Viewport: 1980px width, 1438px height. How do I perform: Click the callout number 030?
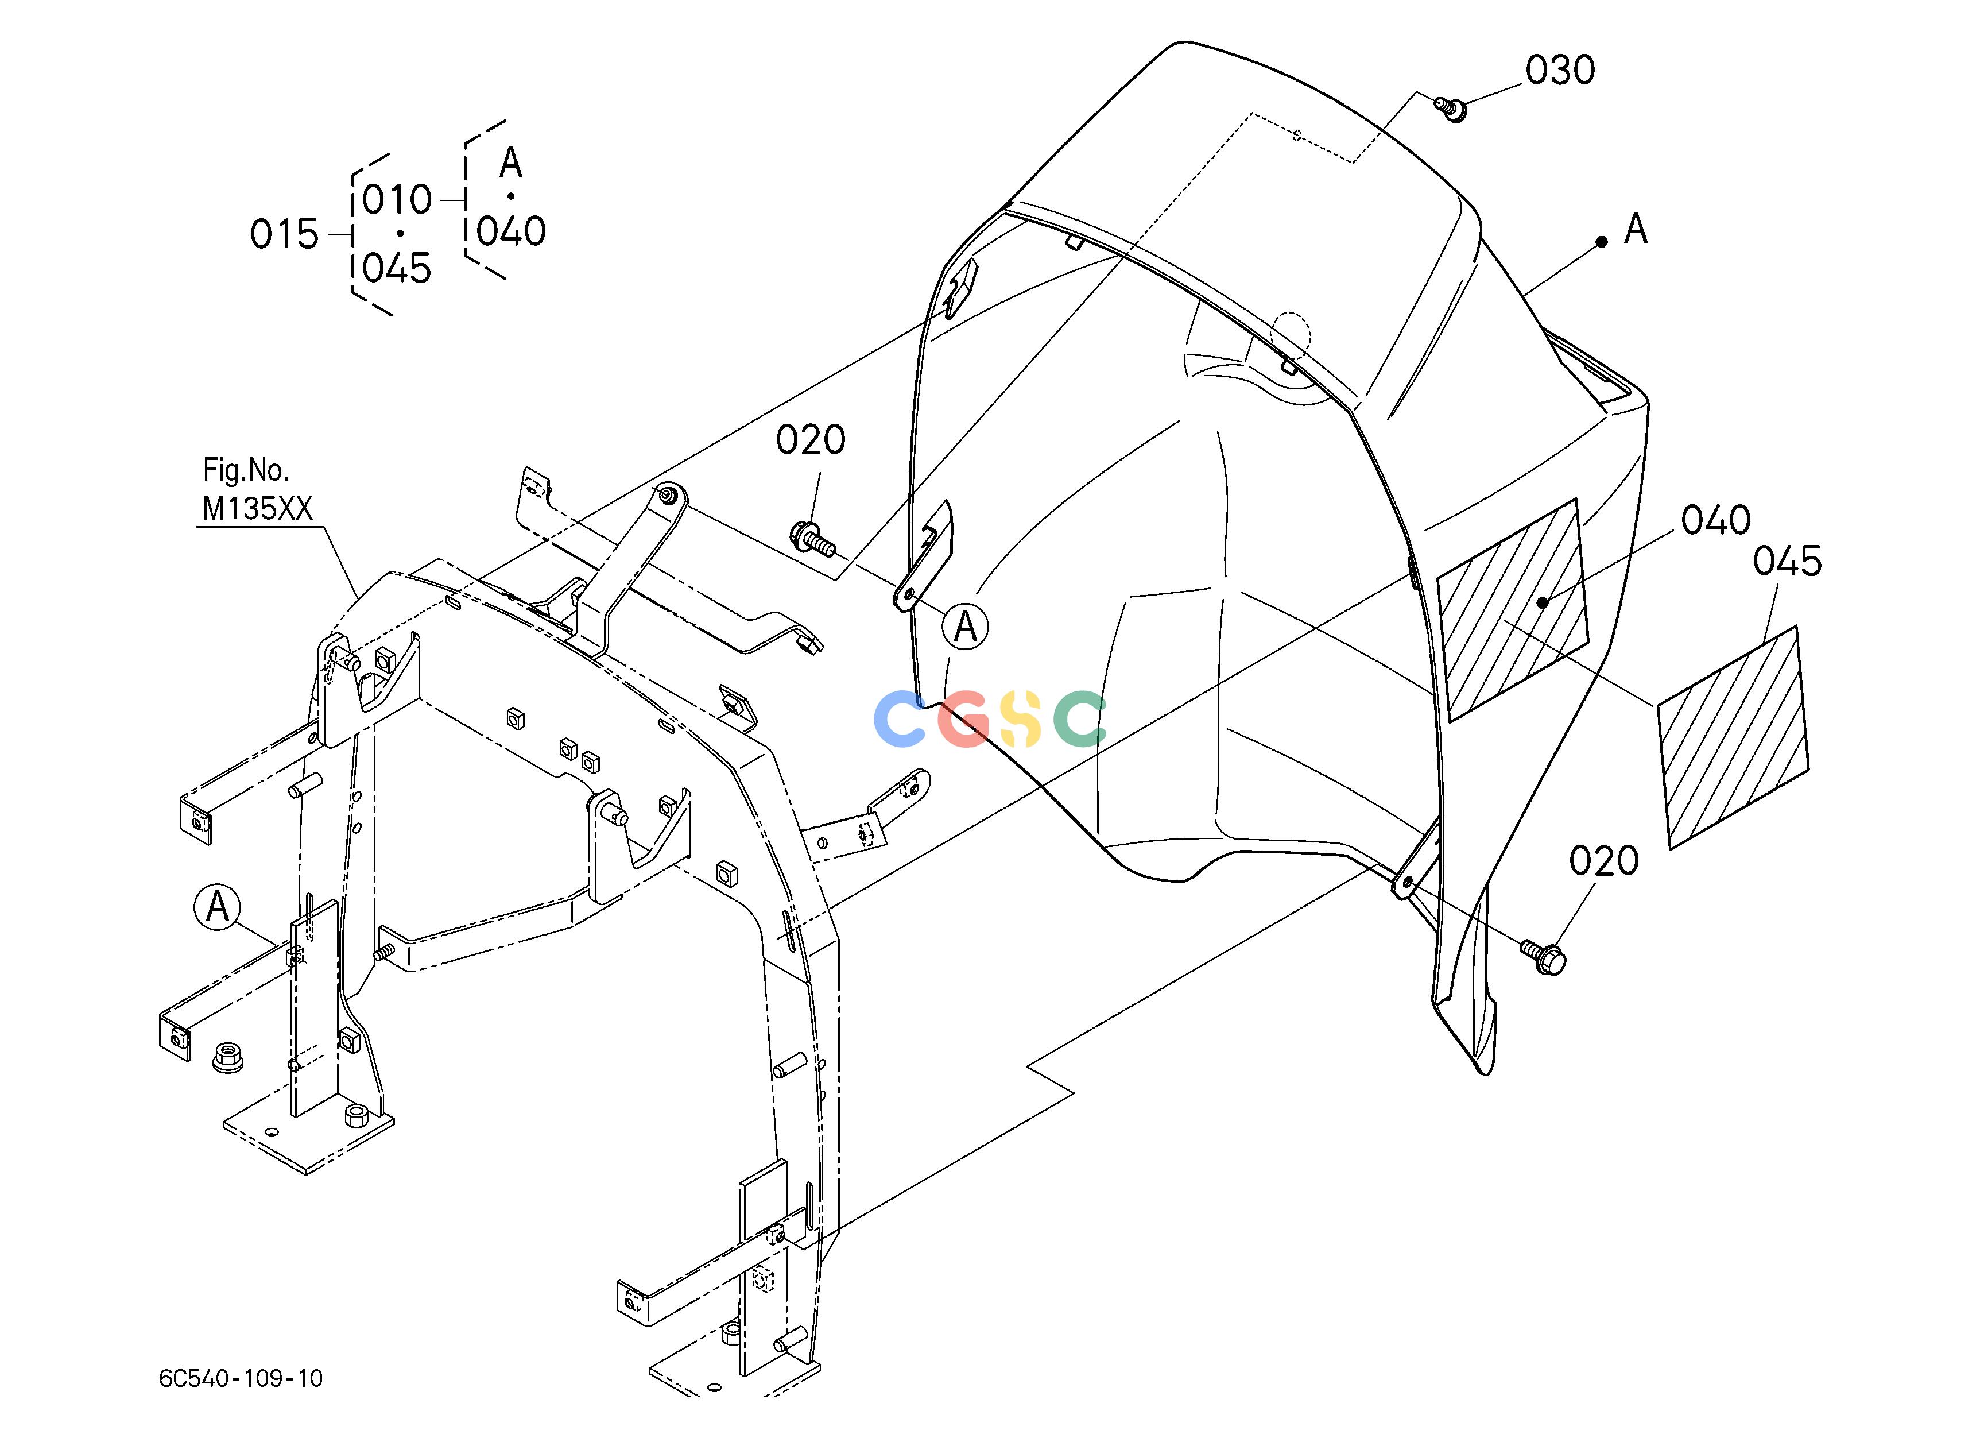click(x=1560, y=70)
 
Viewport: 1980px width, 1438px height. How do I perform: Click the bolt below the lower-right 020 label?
click(x=1543, y=956)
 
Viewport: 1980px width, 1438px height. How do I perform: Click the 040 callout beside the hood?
click(x=1715, y=520)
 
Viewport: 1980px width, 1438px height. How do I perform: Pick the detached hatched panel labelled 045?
click(x=1734, y=737)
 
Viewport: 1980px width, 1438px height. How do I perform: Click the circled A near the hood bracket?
click(x=966, y=626)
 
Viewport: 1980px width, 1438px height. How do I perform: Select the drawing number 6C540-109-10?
click(x=241, y=1378)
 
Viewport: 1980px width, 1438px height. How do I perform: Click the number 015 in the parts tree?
click(x=285, y=234)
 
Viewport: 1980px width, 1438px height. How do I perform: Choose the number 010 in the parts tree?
click(x=397, y=200)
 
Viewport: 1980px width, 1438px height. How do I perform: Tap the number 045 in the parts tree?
click(x=397, y=268)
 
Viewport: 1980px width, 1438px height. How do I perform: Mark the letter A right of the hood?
click(x=1635, y=229)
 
